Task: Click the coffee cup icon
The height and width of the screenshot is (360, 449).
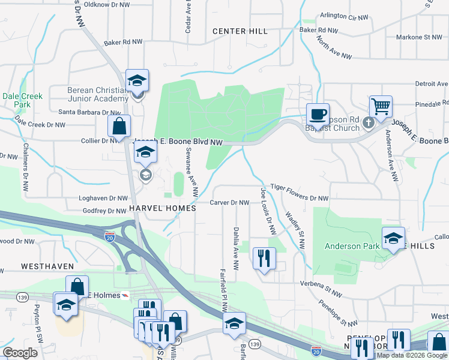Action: [x=317, y=113]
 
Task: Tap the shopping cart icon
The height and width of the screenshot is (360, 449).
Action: [x=381, y=107]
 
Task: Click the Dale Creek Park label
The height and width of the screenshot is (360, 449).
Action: [x=16, y=100]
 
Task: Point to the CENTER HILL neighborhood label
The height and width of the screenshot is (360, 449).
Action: [x=238, y=31]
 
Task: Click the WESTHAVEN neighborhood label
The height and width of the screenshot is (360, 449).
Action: [x=47, y=266]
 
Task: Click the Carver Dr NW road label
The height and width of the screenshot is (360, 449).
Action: [x=229, y=203]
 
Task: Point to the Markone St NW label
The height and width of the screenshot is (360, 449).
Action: [x=419, y=37]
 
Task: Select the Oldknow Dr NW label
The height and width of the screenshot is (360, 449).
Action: [x=107, y=4]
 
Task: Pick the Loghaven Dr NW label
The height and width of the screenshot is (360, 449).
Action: [x=103, y=197]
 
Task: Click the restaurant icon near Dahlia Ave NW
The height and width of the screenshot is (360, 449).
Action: [x=264, y=258]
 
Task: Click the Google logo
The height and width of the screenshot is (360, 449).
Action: [x=20, y=353]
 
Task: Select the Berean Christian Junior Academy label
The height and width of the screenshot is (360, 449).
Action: [x=96, y=95]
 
